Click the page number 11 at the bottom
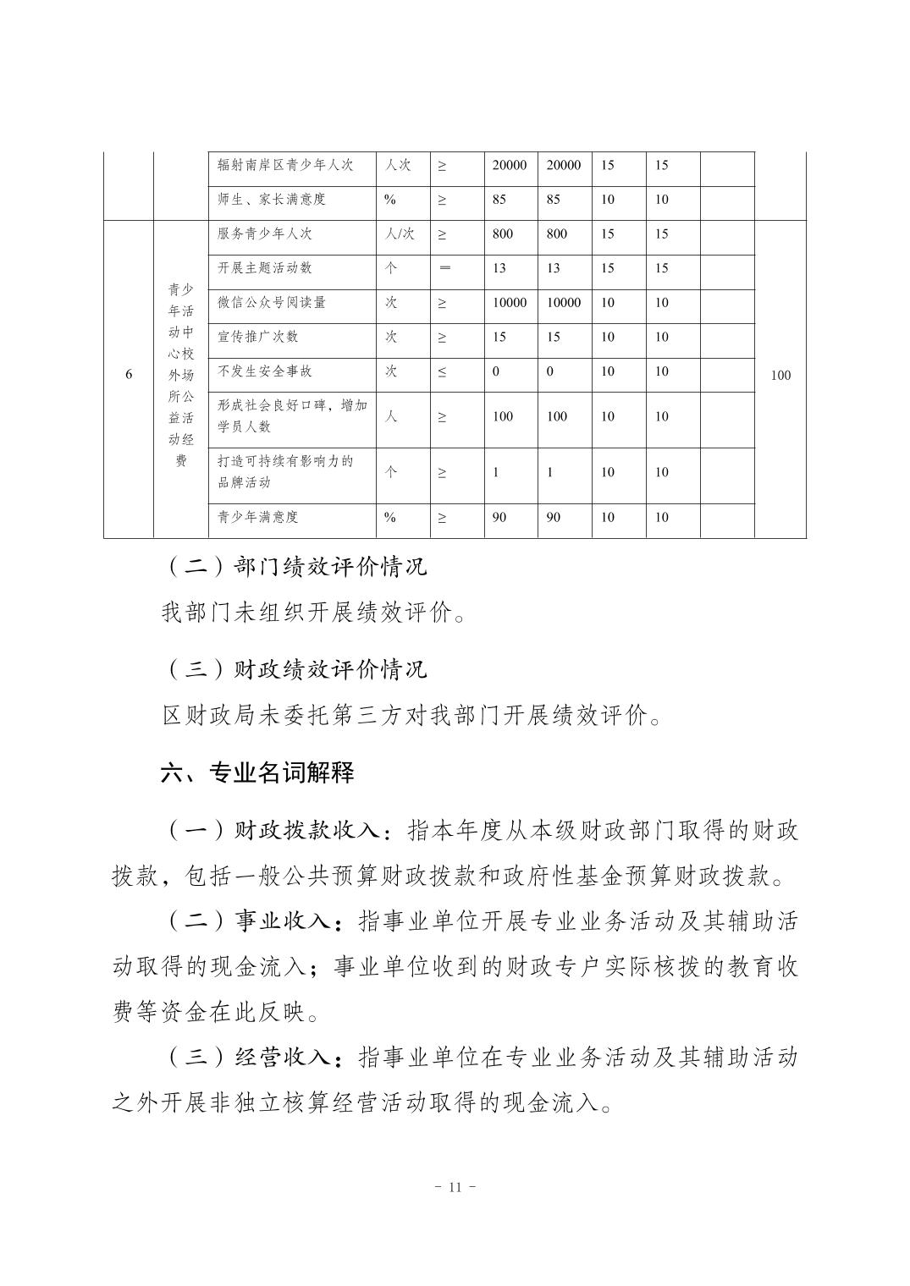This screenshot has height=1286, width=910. pos(455,1186)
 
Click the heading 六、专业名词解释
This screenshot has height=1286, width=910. pos(257,772)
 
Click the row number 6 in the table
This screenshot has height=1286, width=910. pos(129,375)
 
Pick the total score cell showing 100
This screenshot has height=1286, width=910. pos(780,375)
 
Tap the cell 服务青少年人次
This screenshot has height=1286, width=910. pos(264,234)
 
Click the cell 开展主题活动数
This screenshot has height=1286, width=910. pos(264,268)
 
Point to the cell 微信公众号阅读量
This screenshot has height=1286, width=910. pos(271,302)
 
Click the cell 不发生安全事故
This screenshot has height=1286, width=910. pos(264,371)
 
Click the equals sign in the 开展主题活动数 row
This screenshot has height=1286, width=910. pos(444,268)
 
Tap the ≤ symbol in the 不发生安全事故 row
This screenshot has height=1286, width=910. pos(442,371)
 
